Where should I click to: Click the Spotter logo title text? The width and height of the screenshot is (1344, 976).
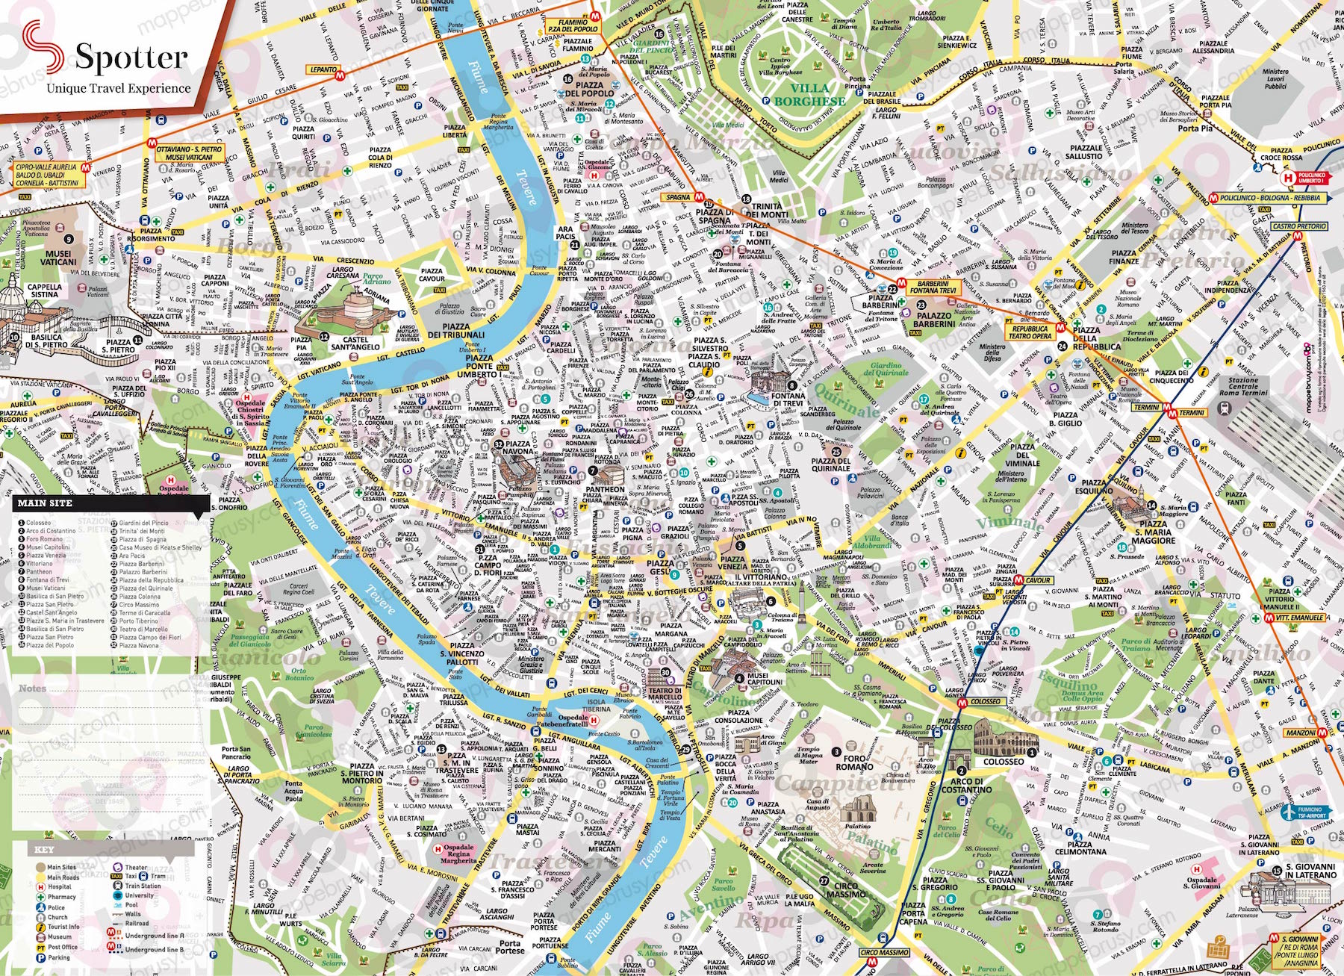(131, 57)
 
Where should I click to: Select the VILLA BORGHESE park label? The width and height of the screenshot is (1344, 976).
(809, 94)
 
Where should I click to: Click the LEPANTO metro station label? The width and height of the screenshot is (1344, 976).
(323, 69)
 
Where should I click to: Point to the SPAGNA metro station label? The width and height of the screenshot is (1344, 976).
(679, 197)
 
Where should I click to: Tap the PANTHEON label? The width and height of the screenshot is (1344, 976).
(605, 490)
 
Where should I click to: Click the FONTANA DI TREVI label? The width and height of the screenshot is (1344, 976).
(788, 400)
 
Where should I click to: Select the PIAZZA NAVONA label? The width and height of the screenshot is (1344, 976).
(517, 447)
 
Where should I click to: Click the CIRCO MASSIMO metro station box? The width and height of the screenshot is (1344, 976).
(885, 952)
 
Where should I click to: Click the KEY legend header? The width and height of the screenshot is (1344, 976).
(44, 850)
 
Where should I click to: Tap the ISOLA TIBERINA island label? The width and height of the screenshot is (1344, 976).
(597, 706)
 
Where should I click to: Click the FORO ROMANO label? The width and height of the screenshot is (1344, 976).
(854, 762)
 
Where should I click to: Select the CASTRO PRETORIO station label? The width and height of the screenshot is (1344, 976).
(1299, 226)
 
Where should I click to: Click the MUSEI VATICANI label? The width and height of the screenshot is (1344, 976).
(57, 258)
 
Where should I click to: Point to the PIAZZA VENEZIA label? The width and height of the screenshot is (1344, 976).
(732, 562)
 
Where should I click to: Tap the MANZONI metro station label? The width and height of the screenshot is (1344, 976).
(1300, 733)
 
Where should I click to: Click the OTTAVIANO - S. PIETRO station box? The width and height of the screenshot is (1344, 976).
(188, 153)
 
